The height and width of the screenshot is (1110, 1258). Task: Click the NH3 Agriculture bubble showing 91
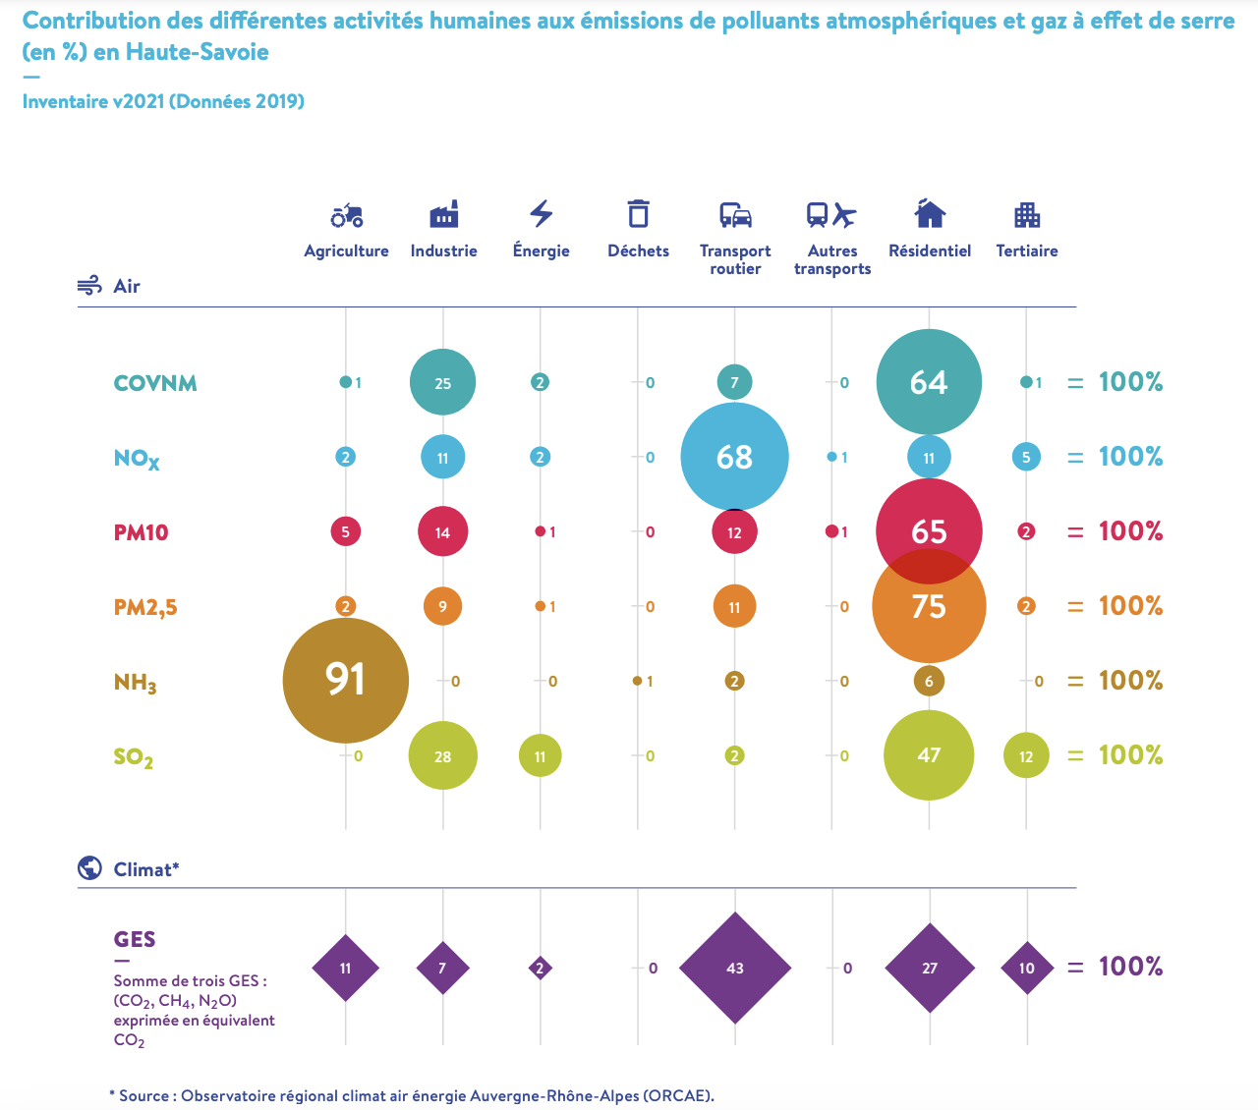345,680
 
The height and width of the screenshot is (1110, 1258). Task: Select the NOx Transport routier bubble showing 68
734,457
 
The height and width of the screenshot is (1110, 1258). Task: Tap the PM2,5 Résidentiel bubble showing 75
929,606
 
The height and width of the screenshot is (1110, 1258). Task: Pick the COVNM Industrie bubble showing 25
443,382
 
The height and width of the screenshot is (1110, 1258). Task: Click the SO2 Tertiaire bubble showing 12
1026,756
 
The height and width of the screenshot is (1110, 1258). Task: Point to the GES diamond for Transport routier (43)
735,968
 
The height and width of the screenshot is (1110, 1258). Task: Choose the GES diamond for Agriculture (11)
345,968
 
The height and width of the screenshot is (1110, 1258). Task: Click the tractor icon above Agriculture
347,215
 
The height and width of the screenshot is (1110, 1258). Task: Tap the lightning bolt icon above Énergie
542,213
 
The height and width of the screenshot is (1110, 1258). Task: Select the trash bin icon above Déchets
639,214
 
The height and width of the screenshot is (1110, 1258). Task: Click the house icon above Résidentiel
930,213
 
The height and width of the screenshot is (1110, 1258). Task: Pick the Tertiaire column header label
1027,251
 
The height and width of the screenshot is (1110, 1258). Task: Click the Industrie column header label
444,251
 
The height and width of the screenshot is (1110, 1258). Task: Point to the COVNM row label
155,383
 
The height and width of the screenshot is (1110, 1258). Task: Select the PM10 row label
142,532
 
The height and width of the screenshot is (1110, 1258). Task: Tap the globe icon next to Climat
89,868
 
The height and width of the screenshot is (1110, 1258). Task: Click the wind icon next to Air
89,286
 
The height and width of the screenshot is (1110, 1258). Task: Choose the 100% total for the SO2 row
1130,755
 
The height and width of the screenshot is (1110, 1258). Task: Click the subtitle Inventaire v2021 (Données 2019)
163,102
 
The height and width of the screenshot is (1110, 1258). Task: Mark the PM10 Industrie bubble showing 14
443,531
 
